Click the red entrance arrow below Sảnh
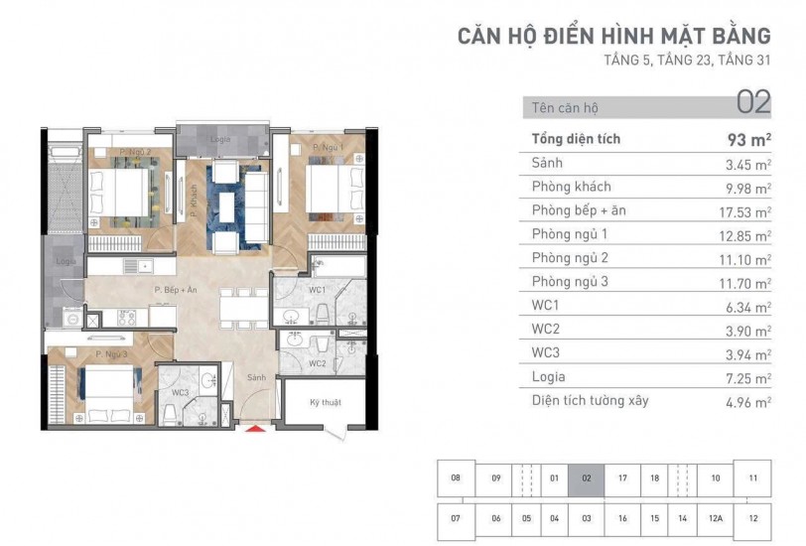[257, 429]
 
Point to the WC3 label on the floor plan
[180, 393]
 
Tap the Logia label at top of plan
[220, 140]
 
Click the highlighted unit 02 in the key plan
[587, 478]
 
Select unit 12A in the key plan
[715, 517]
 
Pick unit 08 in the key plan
[456, 478]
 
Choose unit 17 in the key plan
[622, 478]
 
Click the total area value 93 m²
[749, 139]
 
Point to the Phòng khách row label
[571, 187]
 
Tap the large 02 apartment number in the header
[753, 102]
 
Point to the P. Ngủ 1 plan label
[328, 148]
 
